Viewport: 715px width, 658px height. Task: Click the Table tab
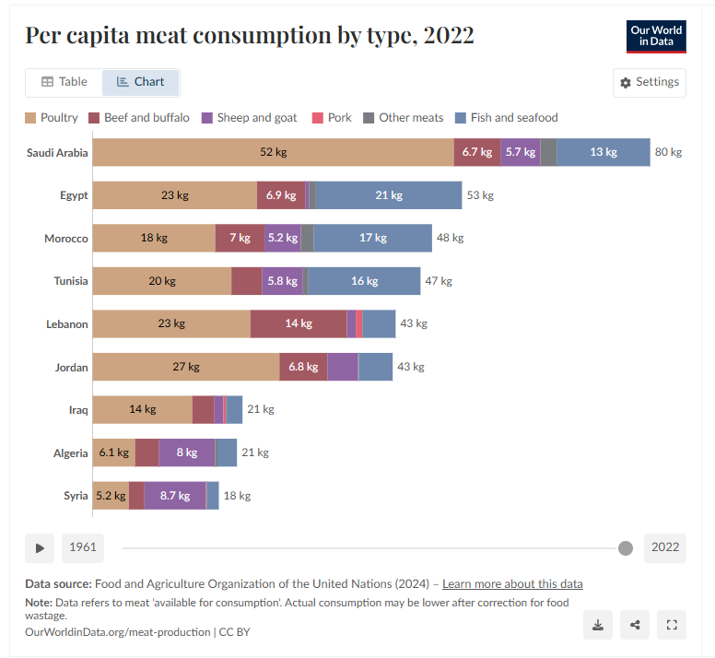[64, 82]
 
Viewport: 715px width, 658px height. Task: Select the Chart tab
[140, 82]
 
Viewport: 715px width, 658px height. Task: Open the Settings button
[650, 82]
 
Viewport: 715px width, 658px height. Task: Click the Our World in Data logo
[656, 36]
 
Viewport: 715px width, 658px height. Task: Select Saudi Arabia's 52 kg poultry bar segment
[273, 152]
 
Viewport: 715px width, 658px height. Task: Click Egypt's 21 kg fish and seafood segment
[389, 195]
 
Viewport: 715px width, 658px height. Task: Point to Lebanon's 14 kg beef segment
[299, 323]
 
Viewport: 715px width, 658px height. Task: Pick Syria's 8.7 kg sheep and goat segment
[175, 495]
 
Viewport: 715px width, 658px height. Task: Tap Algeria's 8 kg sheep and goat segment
[186, 452]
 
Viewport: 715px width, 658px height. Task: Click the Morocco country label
[66, 239]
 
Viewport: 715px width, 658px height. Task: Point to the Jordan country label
[71, 367]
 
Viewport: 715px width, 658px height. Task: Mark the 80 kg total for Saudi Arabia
[668, 152]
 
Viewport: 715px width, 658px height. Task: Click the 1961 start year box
[83, 547]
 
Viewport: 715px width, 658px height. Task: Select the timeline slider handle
[626, 548]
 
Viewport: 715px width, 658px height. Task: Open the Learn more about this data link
[512, 584]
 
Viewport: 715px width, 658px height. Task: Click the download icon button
[598, 625]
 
